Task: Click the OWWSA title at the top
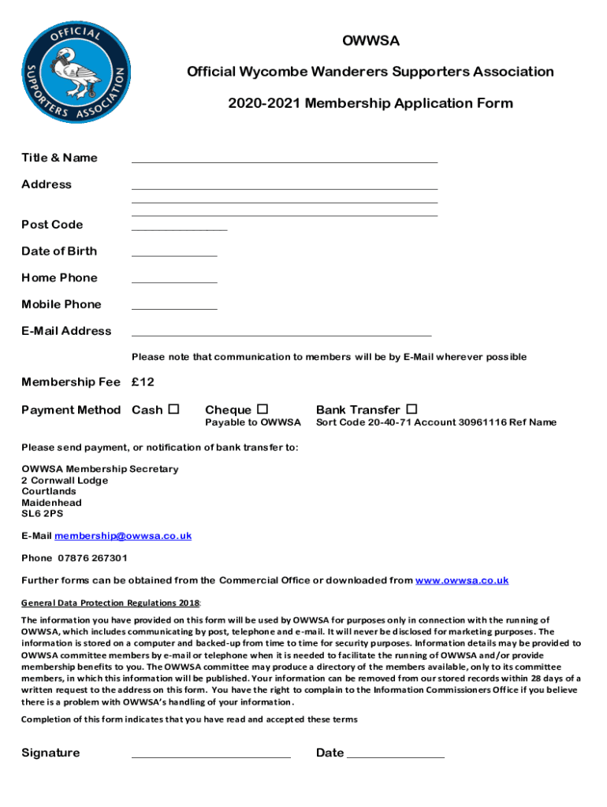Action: click(x=371, y=40)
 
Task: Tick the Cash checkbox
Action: click(x=174, y=409)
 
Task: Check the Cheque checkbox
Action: click(x=263, y=409)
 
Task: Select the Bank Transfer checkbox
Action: click(x=411, y=409)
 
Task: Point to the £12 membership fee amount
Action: click(x=143, y=382)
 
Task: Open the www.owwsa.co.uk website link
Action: click(x=461, y=581)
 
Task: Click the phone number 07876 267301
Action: click(x=92, y=558)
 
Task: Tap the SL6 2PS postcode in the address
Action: click(x=43, y=514)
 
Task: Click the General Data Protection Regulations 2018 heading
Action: click(x=110, y=604)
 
